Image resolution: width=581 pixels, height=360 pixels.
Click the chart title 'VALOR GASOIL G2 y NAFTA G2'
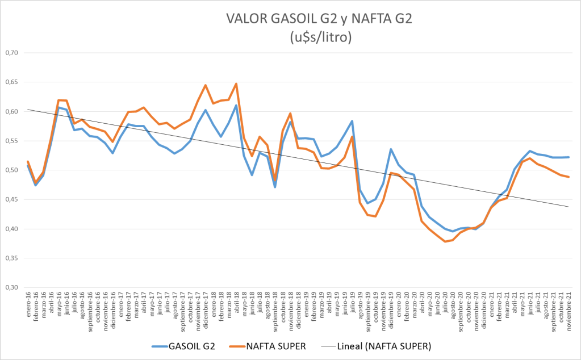319,19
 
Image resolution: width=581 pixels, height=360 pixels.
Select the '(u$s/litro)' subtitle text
319,37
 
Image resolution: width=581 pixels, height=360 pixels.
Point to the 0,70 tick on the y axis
11,53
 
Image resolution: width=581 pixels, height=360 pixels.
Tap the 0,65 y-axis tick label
11,82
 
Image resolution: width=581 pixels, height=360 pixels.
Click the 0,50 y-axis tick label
11,170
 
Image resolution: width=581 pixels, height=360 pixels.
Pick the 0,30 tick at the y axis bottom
11,287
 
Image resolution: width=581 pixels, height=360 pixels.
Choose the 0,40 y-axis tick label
11,229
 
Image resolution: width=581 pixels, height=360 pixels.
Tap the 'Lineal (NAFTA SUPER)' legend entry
384,345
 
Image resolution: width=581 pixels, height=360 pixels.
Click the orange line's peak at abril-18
236,83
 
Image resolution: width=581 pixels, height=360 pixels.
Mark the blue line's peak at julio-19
352,121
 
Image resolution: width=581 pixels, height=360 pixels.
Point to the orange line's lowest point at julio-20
445,242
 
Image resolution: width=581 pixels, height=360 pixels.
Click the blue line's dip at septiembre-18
275,187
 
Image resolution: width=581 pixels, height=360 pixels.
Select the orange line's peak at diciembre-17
205,85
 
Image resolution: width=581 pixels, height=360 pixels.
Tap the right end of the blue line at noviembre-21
569,157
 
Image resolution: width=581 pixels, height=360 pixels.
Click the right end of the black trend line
569,207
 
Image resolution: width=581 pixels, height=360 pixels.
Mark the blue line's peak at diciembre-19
391,149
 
